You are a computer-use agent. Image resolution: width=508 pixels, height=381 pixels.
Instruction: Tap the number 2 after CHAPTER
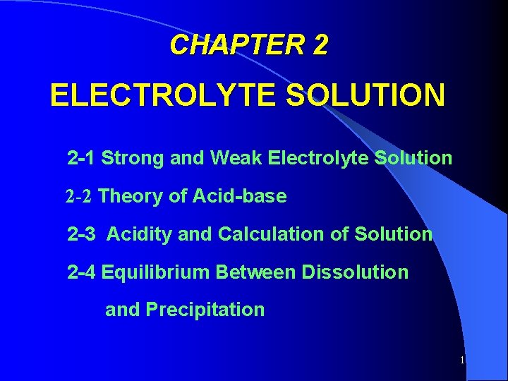319,45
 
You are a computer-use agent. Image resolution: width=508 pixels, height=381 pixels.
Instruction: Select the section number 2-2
79,196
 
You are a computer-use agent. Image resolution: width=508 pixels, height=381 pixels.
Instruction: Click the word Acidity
139,234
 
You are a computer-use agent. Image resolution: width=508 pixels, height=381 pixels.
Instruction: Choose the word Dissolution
357,272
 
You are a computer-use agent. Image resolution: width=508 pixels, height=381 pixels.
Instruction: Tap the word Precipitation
205,310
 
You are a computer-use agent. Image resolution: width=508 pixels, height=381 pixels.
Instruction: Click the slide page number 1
462,361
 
